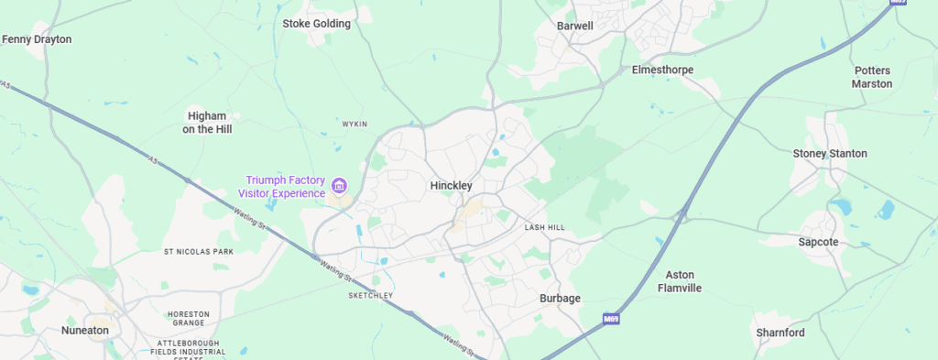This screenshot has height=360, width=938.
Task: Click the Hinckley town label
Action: pyautogui.click(x=451, y=185)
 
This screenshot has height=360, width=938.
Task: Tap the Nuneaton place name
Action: pyautogui.click(x=84, y=330)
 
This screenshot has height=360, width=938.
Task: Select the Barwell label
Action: pyautogui.click(x=575, y=26)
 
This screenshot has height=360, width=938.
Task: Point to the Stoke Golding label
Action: pyautogui.click(x=316, y=24)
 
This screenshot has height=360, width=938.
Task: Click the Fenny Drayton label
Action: pyautogui.click(x=37, y=39)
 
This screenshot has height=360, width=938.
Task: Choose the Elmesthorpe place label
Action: pyautogui.click(x=662, y=70)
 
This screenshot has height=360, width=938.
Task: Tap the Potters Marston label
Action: pyautogui.click(x=872, y=77)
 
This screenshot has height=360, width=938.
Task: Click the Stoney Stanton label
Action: pyautogui.click(x=829, y=153)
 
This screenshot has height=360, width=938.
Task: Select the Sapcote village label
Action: pyautogui.click(x=817, y=242)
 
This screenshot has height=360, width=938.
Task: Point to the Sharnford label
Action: pyautogui.click(x=780, y=333)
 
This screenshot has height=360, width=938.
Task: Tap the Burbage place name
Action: pyautogui.click(x=559, y=299)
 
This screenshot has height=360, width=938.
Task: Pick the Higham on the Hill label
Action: pyautogui.click(x=210, y=123)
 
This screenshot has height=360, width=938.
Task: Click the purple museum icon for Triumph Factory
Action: pyautogui.click(x=340, y=186)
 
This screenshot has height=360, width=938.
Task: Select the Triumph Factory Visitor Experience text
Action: pyautogui.click(x=282, y=186)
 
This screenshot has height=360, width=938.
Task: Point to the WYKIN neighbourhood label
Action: pyautogui.click(x=354, y=124)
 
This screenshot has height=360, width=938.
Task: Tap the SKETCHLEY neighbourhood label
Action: pyautogui.click(x=371, y=296)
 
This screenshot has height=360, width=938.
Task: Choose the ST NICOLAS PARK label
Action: pyautogui.click(x=199, y=251)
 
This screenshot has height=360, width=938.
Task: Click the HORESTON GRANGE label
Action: pyautogui.click(x=189, y=319)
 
